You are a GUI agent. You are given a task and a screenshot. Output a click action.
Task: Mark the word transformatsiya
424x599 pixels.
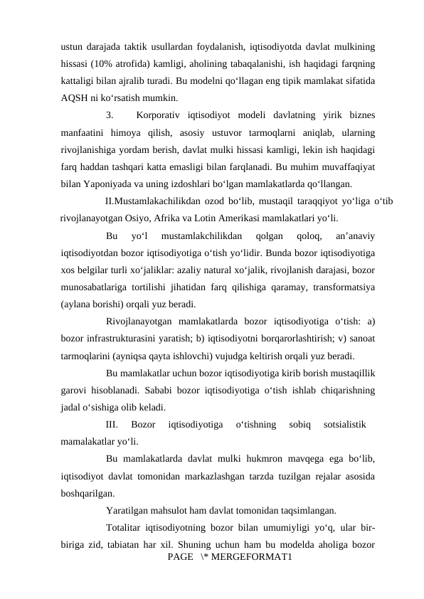[341, 286]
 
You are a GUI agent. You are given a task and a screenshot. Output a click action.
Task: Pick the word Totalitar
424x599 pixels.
[127, 527]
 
